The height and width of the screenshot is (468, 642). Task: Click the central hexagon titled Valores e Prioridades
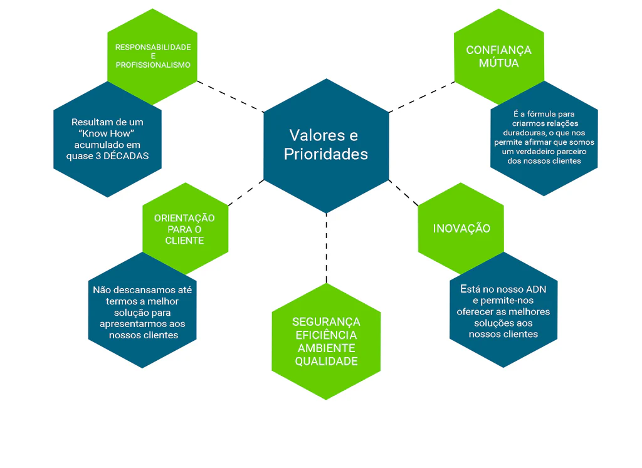[325, 145]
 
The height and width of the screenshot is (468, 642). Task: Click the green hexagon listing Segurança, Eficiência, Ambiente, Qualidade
[326, 341]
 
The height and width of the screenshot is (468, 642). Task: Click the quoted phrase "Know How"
[107, 133]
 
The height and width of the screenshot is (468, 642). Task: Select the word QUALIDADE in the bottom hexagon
[326, 361]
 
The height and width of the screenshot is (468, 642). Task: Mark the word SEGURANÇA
[326, 322]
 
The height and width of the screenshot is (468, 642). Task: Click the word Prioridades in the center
[325, 154]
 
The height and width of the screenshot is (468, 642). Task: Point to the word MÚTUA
[498, 63]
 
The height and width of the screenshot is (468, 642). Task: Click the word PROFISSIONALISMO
[153, 65]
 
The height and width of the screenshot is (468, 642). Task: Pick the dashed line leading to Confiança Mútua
[421, 97]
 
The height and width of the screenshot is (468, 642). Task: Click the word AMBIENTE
[326, 348]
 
